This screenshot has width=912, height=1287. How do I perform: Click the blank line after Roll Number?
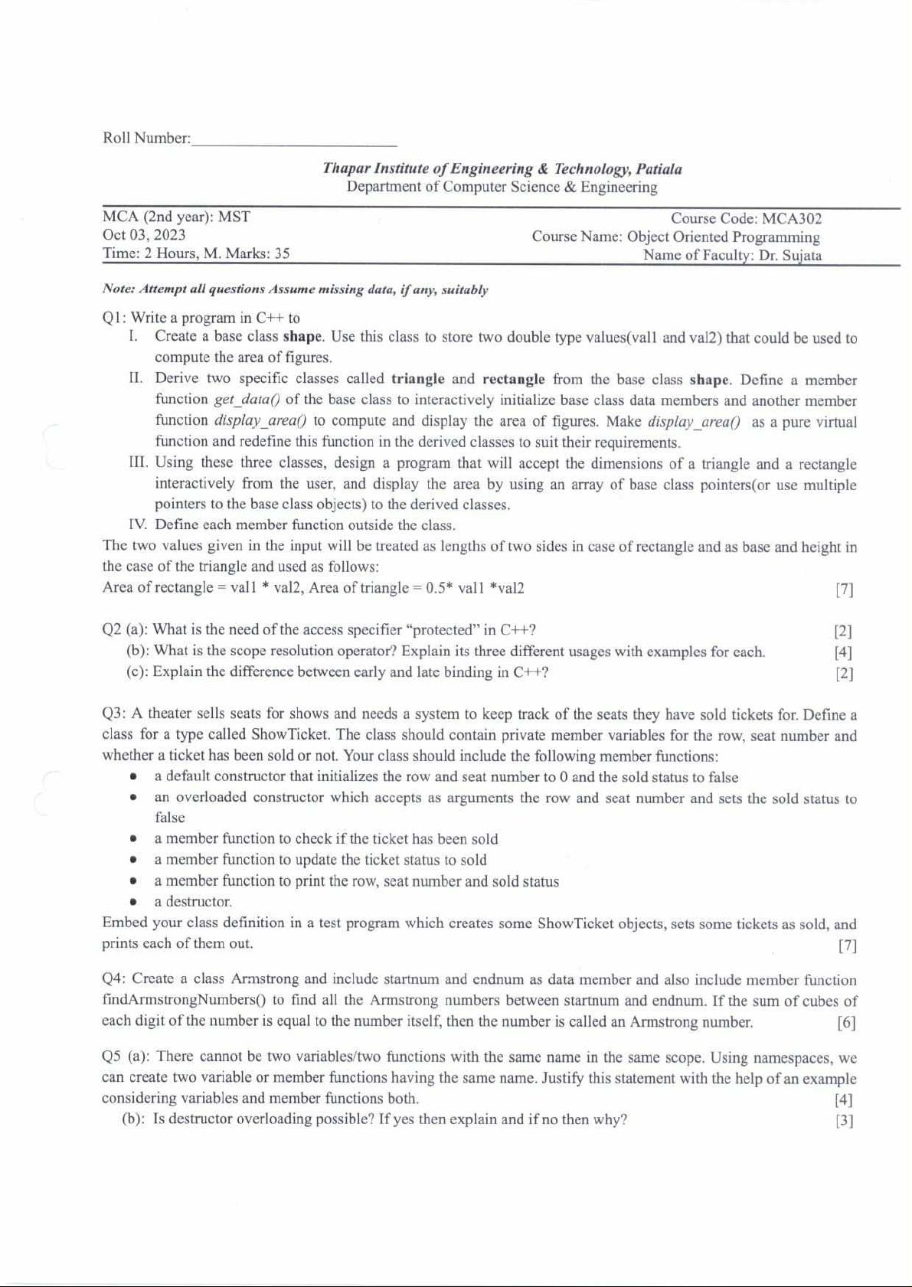pos(294,140)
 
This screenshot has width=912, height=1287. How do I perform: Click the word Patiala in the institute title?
pos(659,169)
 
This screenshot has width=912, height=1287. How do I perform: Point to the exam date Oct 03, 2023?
pos(144,235)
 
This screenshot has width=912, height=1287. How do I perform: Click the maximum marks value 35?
pos(282,253)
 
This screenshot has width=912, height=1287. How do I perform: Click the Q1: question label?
pos(115,318)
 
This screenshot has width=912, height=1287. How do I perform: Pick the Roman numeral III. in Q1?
pos(139,463)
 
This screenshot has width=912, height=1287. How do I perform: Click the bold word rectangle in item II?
pos(513,379)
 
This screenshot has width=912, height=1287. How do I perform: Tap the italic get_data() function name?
pos(247,400)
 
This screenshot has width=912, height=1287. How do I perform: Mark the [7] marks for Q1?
pos(844,590)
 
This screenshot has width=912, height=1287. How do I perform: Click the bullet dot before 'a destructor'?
pos(133,902)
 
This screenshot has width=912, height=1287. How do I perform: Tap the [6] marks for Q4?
pos(846,1023)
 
